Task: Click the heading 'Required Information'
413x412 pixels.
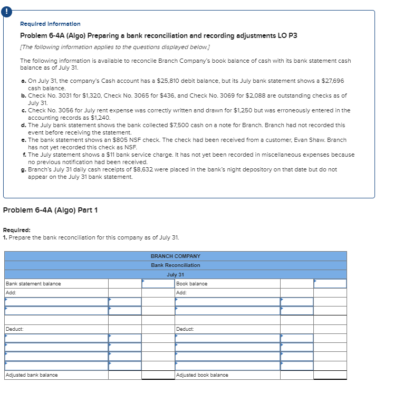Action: click(x=50, y=24)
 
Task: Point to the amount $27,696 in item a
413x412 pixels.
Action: click(x=332, y=81)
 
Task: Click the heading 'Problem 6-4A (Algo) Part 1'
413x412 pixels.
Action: click(x=51, y=210)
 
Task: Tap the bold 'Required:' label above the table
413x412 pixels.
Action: click(x=16, y=230)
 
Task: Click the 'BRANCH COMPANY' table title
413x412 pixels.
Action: click(x=175, y=256)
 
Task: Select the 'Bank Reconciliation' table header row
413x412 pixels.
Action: click(x=175, y=265)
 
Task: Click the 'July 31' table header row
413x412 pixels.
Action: click(x=175, y=274)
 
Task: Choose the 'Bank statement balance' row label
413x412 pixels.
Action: click(x=33, y=284)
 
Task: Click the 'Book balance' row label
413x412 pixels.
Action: click(x=192, y=284)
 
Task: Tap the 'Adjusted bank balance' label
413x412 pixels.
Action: click(x=32, y=375)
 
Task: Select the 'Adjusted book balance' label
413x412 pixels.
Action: click(x=202, y=375)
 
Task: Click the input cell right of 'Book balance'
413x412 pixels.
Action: click(x=330, y=284)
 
